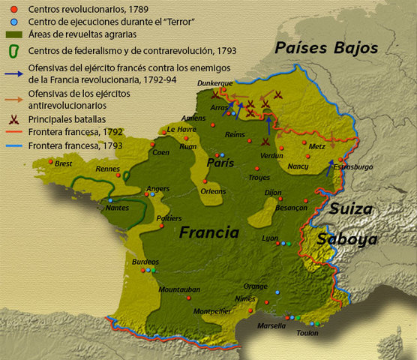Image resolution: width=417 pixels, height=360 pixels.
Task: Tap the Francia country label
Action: pos(208,232)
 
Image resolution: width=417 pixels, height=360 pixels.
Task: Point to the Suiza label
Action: pos(351,209)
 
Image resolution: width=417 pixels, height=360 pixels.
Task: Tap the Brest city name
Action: pos(64,163)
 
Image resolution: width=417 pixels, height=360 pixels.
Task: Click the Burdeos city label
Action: pos(145,262)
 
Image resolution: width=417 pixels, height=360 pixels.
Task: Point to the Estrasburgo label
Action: pos(352,167)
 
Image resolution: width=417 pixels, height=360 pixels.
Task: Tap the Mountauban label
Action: pos(179,289)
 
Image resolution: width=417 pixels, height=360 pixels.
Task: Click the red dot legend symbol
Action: pos(11,9)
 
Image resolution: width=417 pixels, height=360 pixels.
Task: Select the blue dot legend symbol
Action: pos(11,22)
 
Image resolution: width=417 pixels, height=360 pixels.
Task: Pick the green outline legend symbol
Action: pos(12,51)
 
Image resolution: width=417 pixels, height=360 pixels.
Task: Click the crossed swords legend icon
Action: pos(12,118)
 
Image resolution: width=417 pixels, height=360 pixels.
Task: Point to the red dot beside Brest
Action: pos(50,161)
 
